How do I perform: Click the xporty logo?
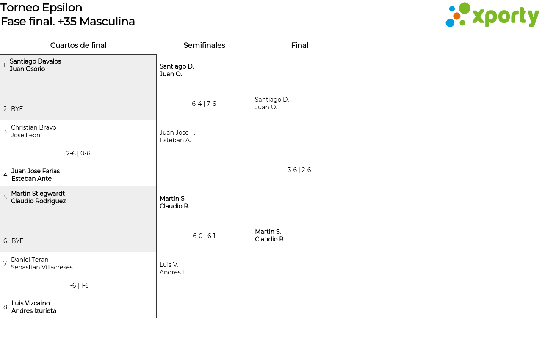point(492,15)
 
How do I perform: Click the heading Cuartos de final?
point(78,45)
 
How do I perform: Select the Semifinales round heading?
point(204,45)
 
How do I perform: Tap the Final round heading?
point(299,45)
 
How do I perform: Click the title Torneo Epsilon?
point(41,8)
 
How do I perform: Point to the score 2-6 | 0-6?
point(78,153)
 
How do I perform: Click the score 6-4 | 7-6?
point(204,104)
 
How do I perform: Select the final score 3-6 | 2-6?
point(299,170)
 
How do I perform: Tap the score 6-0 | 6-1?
point(204,236)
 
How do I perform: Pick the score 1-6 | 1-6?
point(78,285)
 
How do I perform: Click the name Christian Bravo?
point(33,127)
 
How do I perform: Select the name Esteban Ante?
point(31,179)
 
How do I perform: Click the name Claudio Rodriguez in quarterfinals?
point(39,201)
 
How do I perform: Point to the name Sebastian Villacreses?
point(42,267)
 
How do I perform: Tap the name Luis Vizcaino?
point(31,303)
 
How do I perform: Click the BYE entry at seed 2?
point(17,109)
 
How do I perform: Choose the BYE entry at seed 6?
point(17,241)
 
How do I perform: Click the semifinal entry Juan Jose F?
point(177,133)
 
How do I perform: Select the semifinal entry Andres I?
point(172,272)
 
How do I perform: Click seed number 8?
point(5,307)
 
